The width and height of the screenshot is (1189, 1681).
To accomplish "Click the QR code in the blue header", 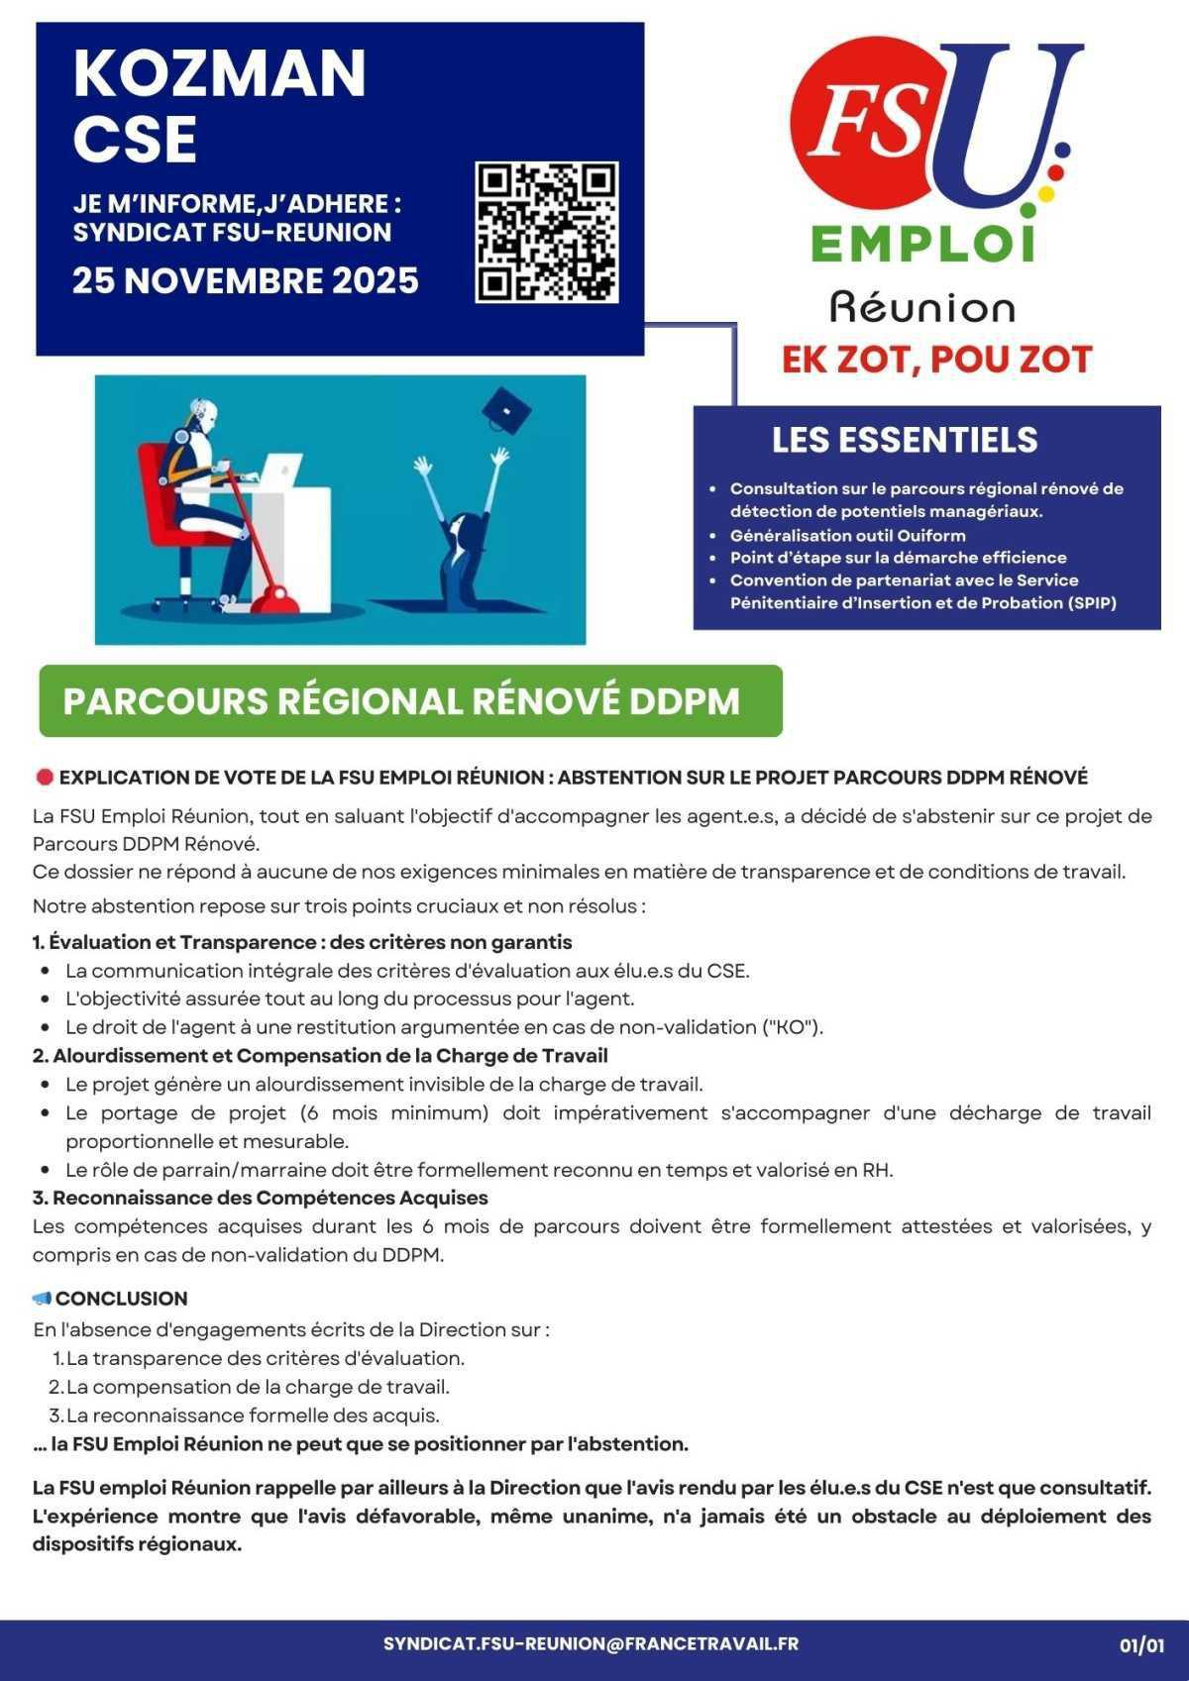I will click(x=547, y=233).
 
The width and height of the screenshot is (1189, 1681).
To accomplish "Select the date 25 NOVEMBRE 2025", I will click(x=246, y=280).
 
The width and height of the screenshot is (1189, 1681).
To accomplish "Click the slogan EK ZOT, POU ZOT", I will click(x=936, y=360).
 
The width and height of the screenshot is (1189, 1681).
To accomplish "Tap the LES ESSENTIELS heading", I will click(x=905, y=440).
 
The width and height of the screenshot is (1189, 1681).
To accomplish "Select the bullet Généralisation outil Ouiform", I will click(x=847, y=535).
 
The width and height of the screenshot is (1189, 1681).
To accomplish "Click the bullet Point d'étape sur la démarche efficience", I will click(x=898, y=558).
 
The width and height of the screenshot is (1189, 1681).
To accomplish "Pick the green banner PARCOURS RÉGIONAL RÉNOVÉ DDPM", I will click(x=410, y=701).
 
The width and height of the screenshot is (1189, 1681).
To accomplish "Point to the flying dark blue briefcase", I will click(x=505, y=408).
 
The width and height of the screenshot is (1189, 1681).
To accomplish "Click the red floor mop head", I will click(x=272, y=600).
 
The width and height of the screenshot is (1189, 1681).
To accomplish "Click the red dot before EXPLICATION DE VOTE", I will click(x=44, y=778).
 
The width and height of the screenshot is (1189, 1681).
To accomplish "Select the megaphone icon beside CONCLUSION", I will click(x=42, y=1299).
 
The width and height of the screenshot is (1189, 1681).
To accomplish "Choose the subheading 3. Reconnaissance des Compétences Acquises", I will click(x=260, y=1198).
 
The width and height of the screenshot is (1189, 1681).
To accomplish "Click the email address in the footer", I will click(x=591, y=1643).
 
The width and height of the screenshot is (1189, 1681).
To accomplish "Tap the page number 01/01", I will click(x=1141, y=1645).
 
